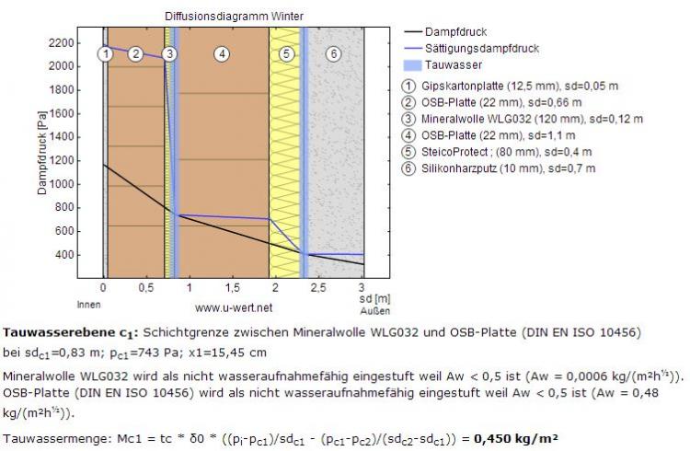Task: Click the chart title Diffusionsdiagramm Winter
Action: (235, 17)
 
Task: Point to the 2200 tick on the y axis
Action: (62, 42)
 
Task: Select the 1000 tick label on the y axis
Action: (62, 184)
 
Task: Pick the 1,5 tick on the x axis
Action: (232, 287)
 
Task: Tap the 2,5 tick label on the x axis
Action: (318, 287)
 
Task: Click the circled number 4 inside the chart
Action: (221, 54)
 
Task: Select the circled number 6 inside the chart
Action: (332, 54)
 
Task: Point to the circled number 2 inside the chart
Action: (135, 54)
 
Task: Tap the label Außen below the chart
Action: (367, 310)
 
